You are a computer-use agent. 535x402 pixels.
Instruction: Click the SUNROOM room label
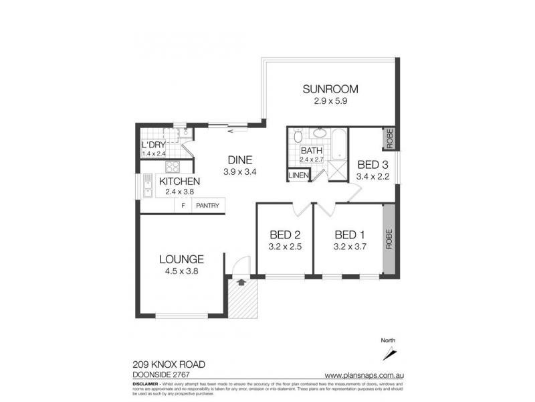tap(330, 89)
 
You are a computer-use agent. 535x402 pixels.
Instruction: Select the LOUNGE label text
tap(181, 259)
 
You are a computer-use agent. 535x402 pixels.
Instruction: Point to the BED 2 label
tap(284, 234)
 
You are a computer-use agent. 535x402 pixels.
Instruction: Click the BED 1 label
tap(348, 234)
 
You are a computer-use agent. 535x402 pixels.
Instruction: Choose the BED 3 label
tap(371, 165)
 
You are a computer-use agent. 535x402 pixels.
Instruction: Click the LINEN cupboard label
tap(298, 176)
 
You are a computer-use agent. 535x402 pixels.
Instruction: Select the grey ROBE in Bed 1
tap(389, 239)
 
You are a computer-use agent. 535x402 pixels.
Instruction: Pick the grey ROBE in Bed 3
tap(389, 138)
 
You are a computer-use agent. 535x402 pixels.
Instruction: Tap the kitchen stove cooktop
tap(173, 167)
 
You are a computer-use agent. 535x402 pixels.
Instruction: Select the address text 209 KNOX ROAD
tap(169, 364)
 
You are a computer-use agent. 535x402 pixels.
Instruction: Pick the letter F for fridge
tap(183, 206)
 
